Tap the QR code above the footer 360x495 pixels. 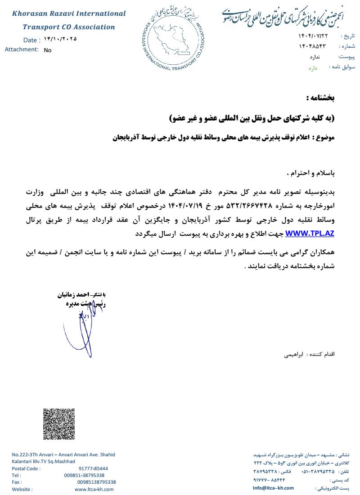[58, 424]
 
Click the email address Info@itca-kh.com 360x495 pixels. [273, 488]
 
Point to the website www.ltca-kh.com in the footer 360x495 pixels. [95, 489]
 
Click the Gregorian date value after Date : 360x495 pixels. [60, 39]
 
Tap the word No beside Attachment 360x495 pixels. [48, 50]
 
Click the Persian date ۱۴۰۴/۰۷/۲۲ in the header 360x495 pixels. [313, 36]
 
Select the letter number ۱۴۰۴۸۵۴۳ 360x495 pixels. [311, 46]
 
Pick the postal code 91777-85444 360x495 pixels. [93, 468]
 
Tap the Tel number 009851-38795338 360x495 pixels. [84, 475]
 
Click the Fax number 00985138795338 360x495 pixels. [96, 482]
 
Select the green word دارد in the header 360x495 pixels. [313, 68]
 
